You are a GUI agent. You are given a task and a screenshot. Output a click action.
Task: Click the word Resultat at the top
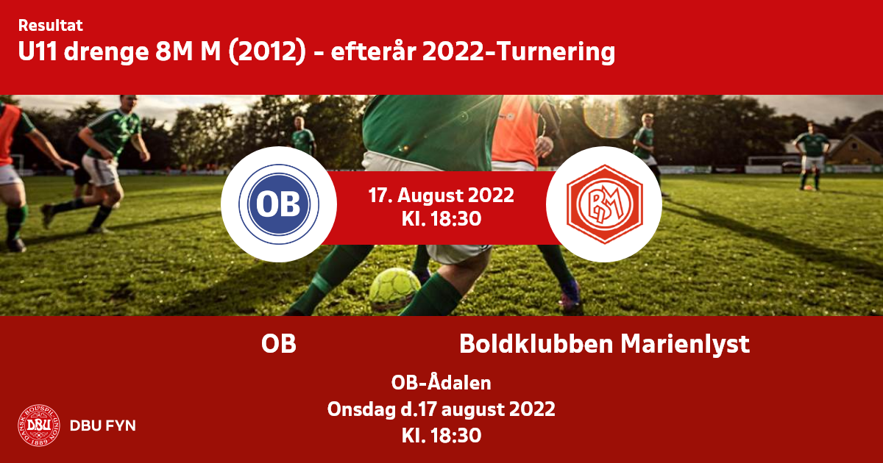click(x=51, y=26)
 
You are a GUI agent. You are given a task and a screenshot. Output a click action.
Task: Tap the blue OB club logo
click(x=279, y=204)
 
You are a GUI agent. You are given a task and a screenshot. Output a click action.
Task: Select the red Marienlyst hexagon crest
click(x=605, y=204)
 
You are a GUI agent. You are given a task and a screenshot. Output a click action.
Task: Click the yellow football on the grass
click(x=394, y=289)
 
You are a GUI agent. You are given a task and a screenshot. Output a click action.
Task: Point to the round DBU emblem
click(x=38, y=426)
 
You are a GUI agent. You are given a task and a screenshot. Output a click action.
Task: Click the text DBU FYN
click(x=103, y=426)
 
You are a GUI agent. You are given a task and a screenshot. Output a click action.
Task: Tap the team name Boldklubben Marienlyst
click(x=604, y=345)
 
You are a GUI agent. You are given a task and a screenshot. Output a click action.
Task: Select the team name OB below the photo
click(x=279, y=344)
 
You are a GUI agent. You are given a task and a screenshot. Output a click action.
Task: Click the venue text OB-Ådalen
click(x=441, y=382)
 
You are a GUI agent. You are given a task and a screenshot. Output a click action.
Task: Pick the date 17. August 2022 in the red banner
click(x=441, y=195)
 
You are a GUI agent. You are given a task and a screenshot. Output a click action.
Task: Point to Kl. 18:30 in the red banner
click(x=441, y=219)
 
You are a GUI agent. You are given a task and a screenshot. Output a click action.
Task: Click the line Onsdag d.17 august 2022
click(x=441, y=409)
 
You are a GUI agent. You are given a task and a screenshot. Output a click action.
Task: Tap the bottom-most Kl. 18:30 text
click(x=441, y=436)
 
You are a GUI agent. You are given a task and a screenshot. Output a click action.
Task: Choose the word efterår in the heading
click(x=374, y=51)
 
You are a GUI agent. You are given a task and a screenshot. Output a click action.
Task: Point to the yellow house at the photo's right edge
click(x=857, y=150)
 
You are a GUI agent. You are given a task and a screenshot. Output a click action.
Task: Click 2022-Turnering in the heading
click(x=519, y=52)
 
